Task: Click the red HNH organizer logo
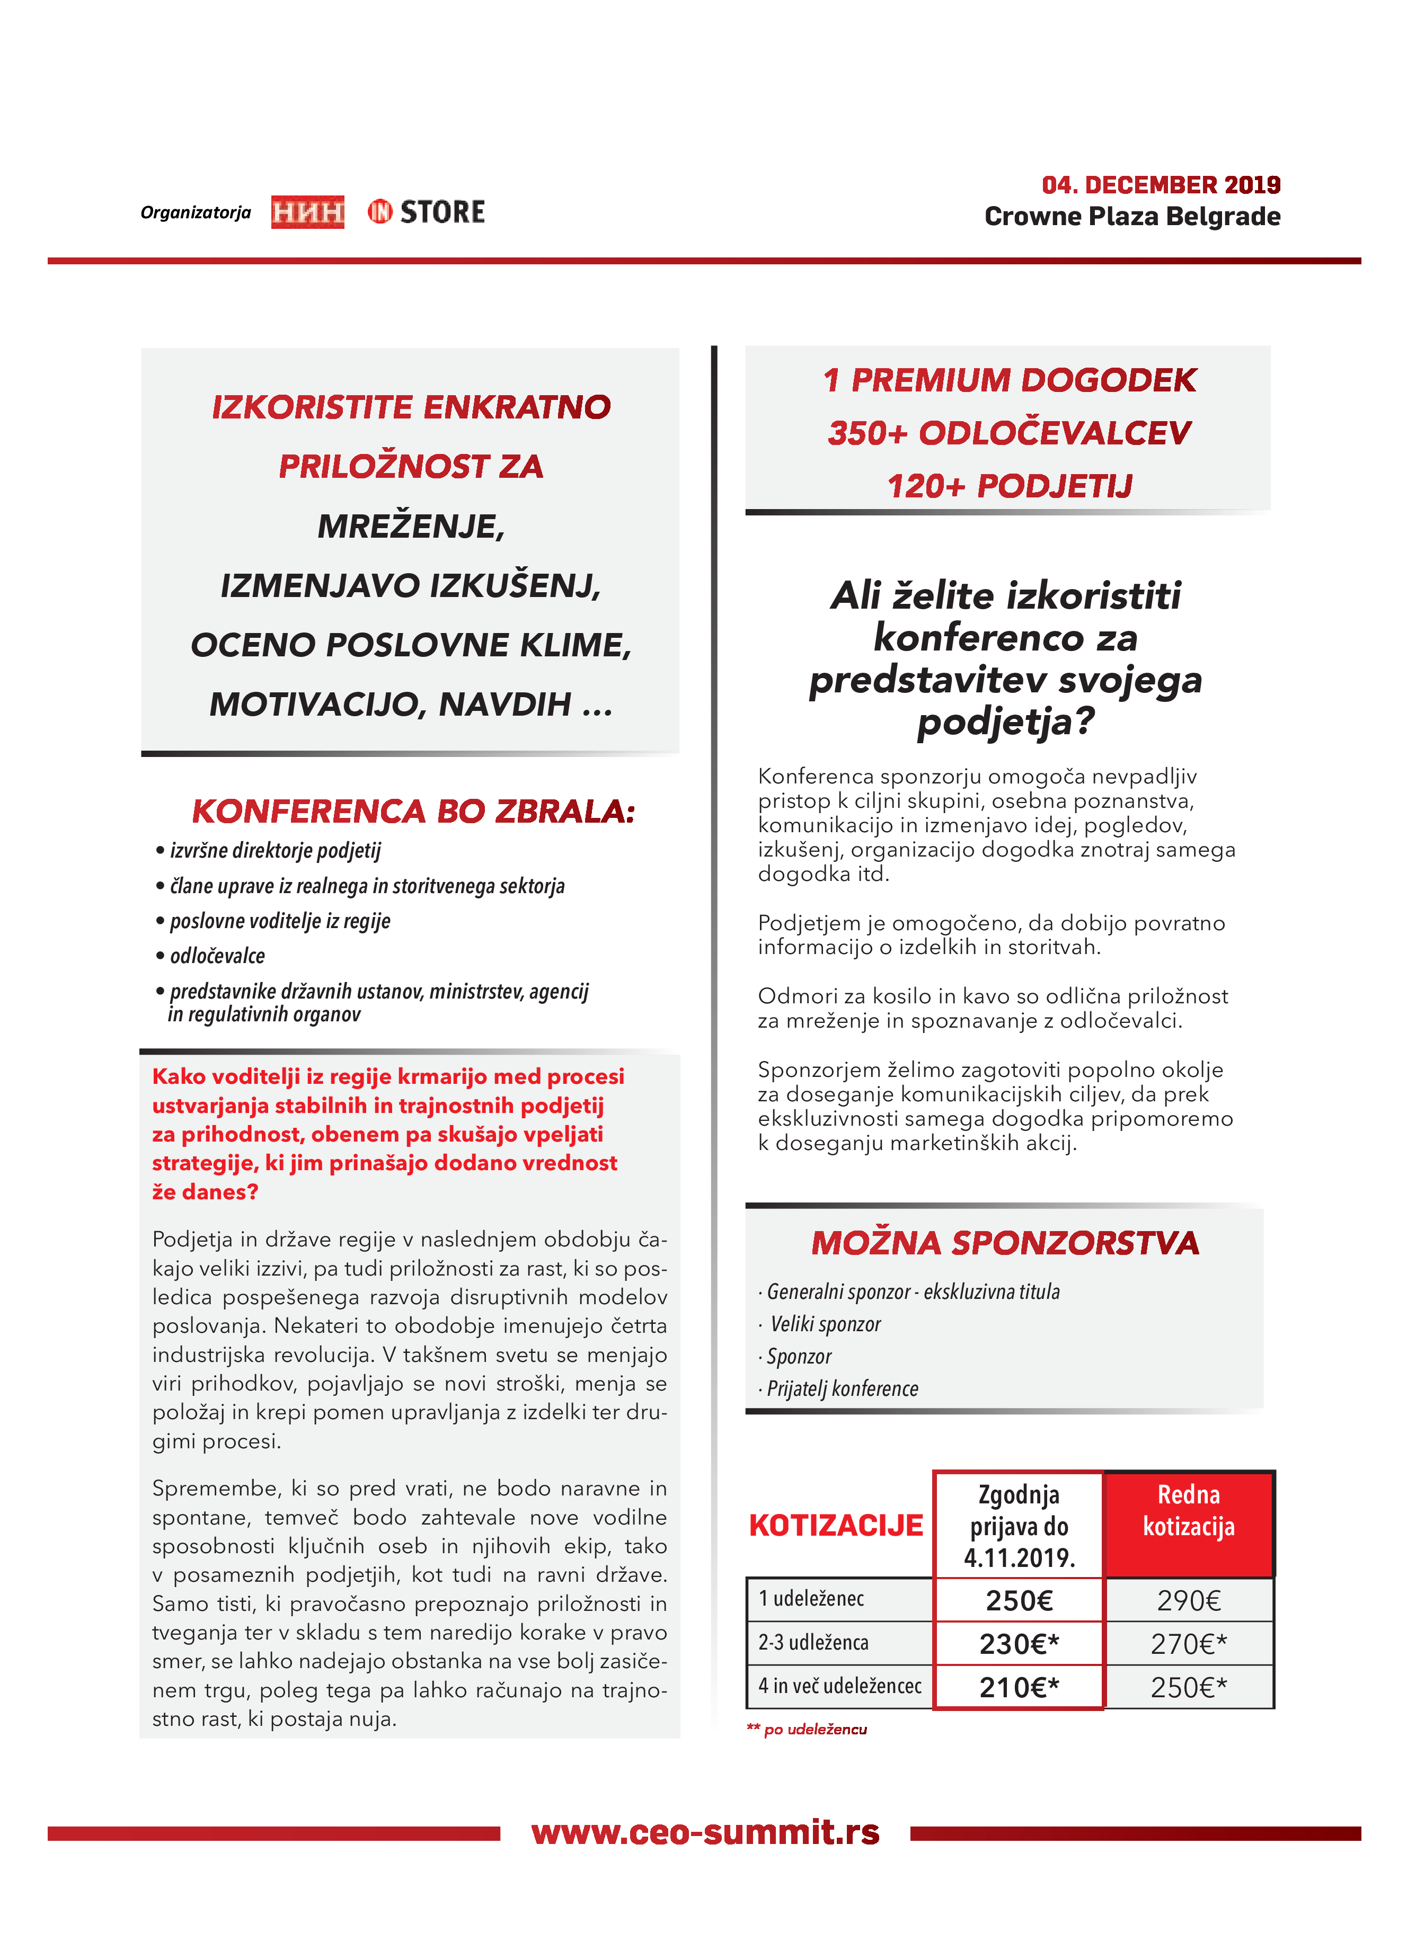307,211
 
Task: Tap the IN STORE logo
426,211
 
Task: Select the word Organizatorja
196,212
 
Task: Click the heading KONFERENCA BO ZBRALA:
413,811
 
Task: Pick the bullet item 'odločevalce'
217,956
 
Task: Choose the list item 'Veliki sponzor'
825,1324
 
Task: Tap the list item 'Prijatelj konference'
842,1388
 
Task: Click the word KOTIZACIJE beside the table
836,1525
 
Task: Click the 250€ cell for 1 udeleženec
1019,1600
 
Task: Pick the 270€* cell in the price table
1189,1644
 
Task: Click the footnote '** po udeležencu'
807,1729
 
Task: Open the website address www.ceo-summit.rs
705,1832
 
